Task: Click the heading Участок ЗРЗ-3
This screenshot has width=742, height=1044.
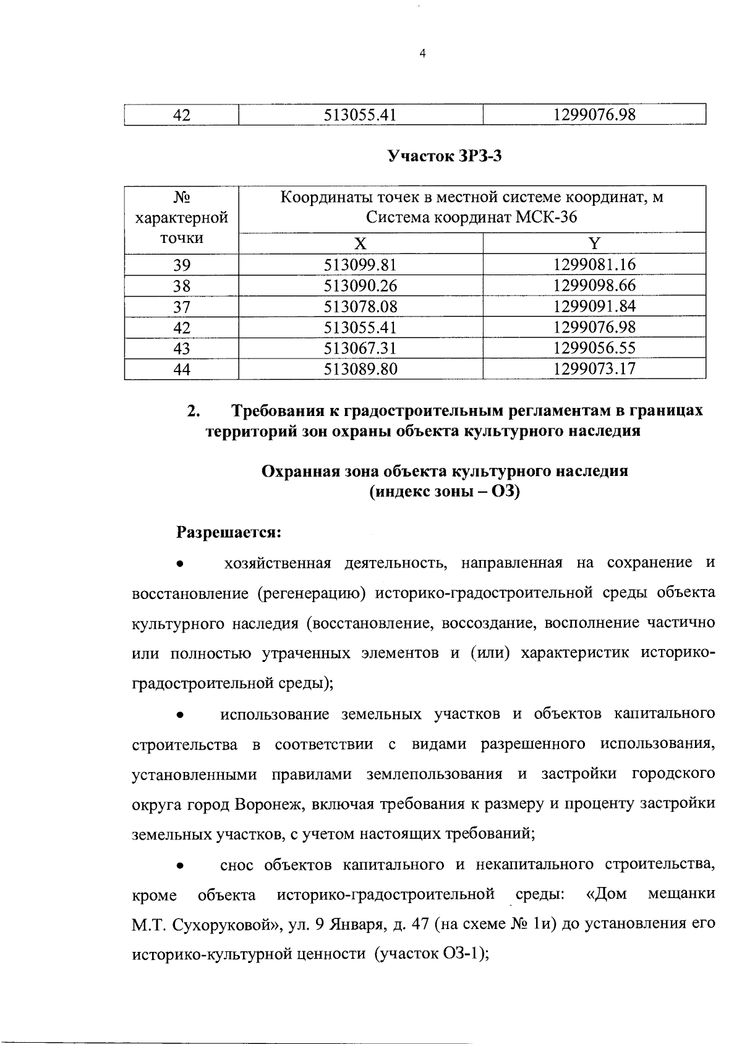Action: click(x=444, y=156)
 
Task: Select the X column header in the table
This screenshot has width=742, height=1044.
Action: click(x=360, y=243)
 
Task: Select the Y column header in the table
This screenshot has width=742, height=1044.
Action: click(x=594, y=243)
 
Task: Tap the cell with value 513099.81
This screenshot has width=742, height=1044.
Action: click(x=360, y=265)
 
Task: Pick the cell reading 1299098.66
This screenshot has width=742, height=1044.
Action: click(x=594, y=286)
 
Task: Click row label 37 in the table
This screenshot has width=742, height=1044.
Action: click(x=181, y=307)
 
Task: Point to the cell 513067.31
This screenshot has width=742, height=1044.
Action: click(x=360, y=348)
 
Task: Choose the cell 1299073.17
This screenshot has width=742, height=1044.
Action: click(x=594, y=369)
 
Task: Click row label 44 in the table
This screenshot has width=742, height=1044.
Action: click(x=181, y=370)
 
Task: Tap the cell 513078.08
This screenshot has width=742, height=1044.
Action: click(x=360, y=307)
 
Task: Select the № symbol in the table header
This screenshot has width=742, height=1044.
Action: click(x=181, y=198)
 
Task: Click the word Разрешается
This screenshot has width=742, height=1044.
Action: click(x=229, y=532)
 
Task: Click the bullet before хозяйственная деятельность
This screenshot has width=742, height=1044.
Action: click(x=179, y=564)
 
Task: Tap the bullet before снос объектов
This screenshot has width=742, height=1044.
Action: click(x=179, y=866)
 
